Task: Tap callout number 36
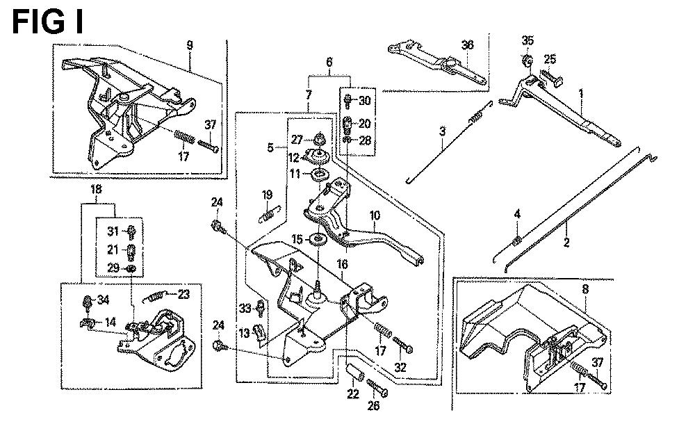click(467, 44)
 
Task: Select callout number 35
click(528, 40)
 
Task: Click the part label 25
click(550, 59)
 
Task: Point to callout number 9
click(189, 45)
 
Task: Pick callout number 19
click(267, 193)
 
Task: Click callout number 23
click(183, 293)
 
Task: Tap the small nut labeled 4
click(516, 240)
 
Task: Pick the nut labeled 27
click(320, 137)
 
